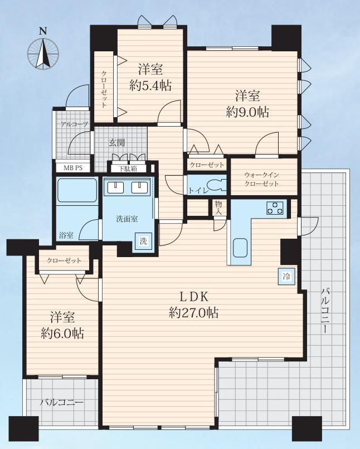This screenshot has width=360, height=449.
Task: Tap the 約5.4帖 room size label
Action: (x=150, y=85)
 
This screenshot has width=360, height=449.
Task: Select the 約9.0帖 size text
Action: (x=247, y=112)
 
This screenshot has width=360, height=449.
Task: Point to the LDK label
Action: (x=193, y=297)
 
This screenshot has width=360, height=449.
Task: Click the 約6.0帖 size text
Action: (x=62, y=334)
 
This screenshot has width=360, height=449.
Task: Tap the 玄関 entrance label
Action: (x=116, y=142)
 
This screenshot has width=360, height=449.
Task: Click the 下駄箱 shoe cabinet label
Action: (x=128, y=168)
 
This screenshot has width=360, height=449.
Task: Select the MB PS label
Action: (x=72, y=168)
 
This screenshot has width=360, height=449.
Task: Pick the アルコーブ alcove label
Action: (x=74, y=124)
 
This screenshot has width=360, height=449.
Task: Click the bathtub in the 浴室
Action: (x=77, y=190)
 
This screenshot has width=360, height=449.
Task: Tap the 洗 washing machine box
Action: (x=143, y=241)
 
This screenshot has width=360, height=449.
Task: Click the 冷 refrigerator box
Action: (x=286, y=277)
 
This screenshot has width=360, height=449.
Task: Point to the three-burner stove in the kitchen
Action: (x=275, y=208)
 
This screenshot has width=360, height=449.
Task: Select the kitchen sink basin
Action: (x=240, y=248)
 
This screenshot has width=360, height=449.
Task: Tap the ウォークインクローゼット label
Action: (x=261, y=179)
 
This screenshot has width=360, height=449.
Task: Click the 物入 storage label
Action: (x=218, y=208)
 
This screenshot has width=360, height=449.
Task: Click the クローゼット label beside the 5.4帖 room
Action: (x=104, y=89)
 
